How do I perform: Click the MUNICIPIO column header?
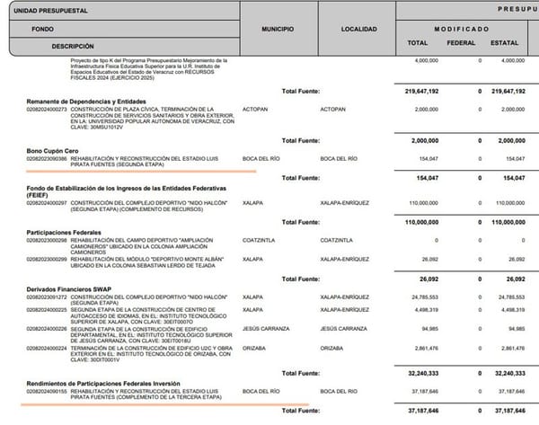point(278,30)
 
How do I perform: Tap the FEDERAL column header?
point(461,42)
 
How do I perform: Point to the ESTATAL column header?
point(504,42)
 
